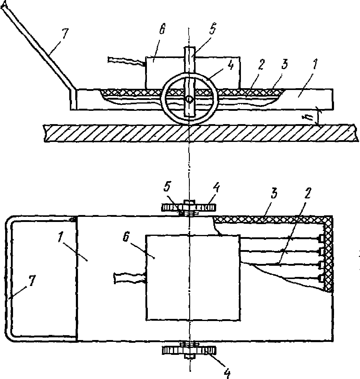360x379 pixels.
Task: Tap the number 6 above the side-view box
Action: [162, 28]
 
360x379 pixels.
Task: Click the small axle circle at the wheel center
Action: [189, 99]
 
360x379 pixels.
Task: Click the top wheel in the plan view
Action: [188, 208]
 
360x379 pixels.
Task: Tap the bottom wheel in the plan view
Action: [189, 351]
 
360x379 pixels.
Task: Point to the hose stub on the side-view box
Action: [126, 61]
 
